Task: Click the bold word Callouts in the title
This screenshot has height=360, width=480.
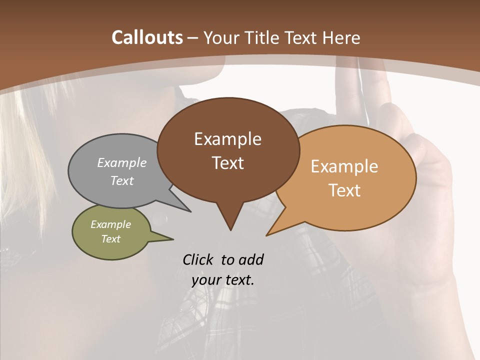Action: pyautogui.click(x=147, y=37)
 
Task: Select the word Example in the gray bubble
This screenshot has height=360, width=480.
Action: pyautogui.click(x=122, y=162)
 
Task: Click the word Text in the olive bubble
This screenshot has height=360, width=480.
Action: pyautogui.click(x=110, y=239)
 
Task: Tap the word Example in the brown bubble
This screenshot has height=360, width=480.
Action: pyautogui.click(x=227, y=139)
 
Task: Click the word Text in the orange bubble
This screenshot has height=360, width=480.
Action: pyautogui.click(x=344, y=190)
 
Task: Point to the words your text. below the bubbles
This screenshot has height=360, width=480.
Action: pyautogui.click(x=223, y=280)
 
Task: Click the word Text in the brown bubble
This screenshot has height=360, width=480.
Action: pyautogui.click(x=227, y=163)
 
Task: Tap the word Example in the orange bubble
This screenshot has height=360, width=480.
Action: pyautogui.click(x=344, y=166)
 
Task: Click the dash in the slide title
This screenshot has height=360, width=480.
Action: pyautogui.click(x=193, y=38)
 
